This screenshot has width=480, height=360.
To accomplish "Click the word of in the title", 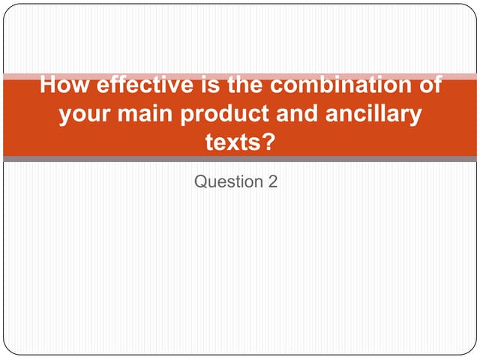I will tap(428, 84).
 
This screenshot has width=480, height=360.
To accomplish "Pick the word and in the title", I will tap(310, 113).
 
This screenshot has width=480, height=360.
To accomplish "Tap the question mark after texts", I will tap(268, 141).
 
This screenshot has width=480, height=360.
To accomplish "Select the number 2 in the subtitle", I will tap(273, 181).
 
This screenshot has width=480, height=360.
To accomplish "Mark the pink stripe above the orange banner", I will tap(240, 76).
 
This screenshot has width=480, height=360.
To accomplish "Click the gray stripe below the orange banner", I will tap(240, 159).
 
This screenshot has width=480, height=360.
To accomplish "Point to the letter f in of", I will tap(436, 84).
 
